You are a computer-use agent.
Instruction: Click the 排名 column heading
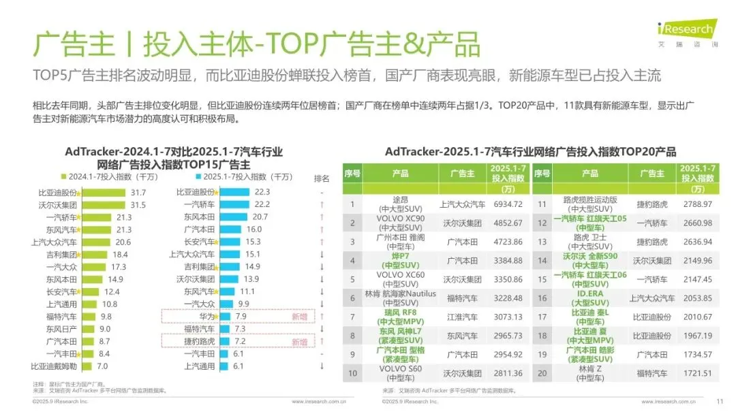(x=321, y=178)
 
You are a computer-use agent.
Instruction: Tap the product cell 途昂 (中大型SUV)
(x=400, y=204)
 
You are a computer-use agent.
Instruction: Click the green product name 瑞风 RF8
(x=400, y=313)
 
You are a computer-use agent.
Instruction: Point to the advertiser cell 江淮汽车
(x=461, y=317)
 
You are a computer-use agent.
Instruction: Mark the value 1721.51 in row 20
(x=696, y=373)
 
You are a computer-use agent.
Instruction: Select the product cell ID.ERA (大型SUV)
(x=590, y=298)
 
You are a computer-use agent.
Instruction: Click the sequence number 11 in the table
(x=542, y=204)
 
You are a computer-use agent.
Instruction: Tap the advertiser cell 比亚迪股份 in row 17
(x=652, y=317)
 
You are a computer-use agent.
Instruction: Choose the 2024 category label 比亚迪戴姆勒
(x=56, y=366)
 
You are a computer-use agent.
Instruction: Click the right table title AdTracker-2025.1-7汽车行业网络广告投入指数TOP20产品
(x=530, y=151)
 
